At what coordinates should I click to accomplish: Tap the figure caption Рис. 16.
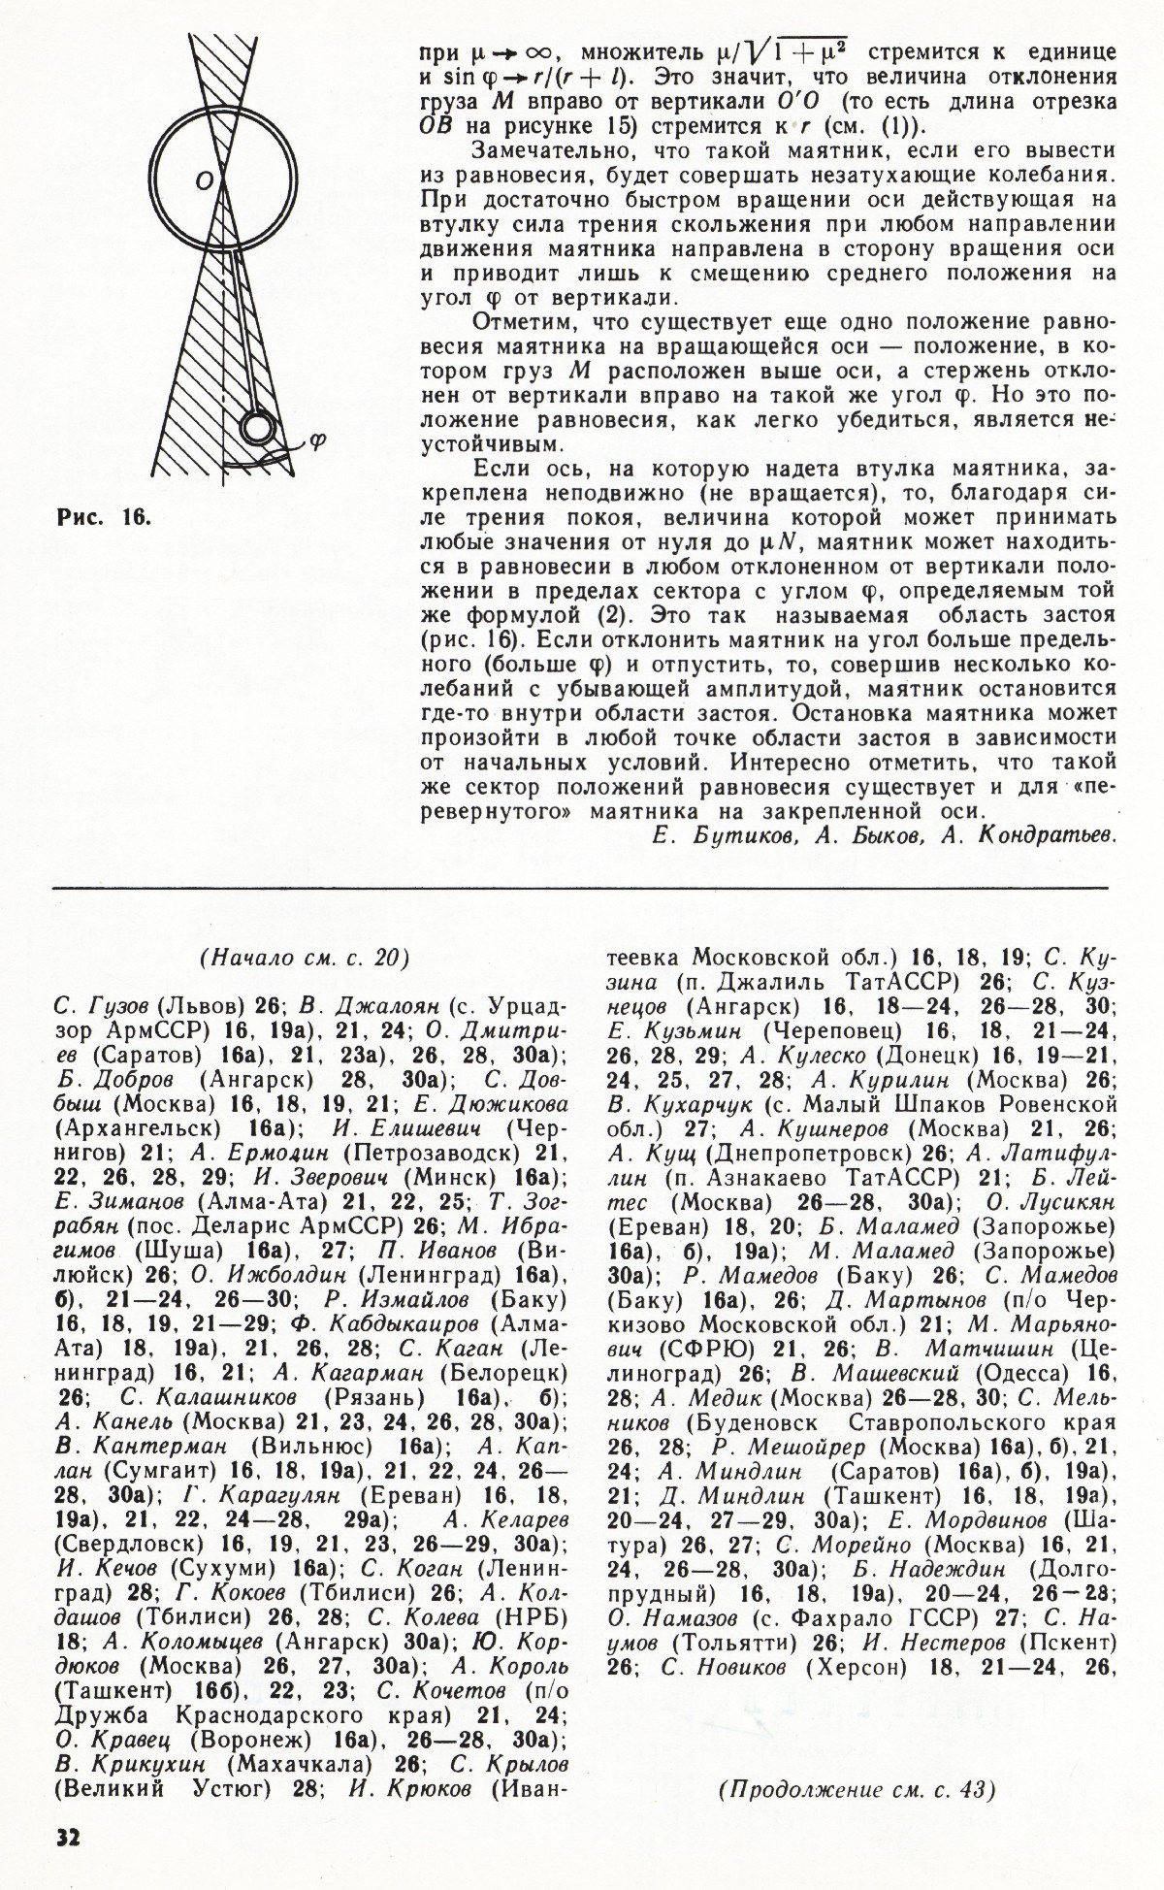(x=102, y=517)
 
